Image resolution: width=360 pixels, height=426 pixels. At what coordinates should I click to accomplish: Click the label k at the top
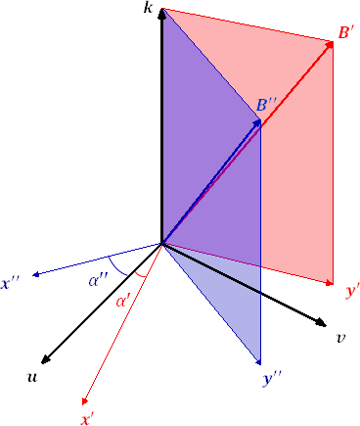[x=148, y=8]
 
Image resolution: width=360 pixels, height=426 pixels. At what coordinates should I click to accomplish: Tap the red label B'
[x=345, y=33]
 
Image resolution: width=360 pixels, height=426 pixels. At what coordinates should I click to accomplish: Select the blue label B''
[x=267, y=105]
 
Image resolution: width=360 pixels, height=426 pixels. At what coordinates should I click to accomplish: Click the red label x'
[x=88, y=418]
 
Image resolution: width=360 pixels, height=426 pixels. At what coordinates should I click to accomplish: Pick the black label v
[x=340, y=339]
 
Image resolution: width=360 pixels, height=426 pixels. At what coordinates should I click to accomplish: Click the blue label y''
[x=273, y=376]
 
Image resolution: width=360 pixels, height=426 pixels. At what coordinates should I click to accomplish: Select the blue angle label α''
[x=97, y=281]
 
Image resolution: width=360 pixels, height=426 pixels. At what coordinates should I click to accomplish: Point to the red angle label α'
[x=124, y=301]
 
